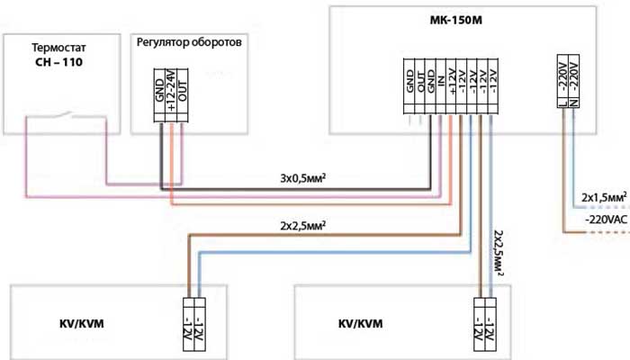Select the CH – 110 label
pyautogui.click(x=58, y=63)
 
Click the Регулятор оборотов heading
pyautogui.click(x=188, y=42)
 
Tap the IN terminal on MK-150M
pyautogui.click(x=442, y=82)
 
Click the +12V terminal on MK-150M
pyautogui.click(x=453, y=82)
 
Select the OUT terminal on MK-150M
pyautogui.click(x=420, y=82)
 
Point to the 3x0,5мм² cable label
pyautogui.click(x=302, y=178)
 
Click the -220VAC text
pyautogui.click(x=605, y=219)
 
